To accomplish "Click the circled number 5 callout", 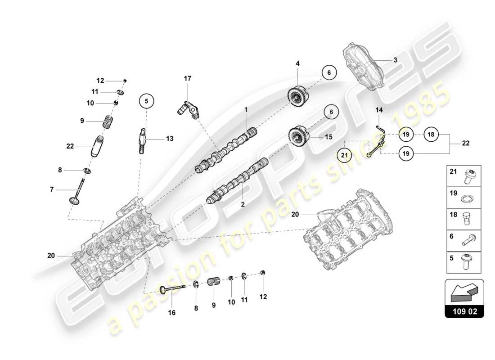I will tap(146, 101).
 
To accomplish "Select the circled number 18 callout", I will tap(431, 134).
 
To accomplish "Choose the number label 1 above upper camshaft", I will tap(246, 109).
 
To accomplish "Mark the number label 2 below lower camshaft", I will tap(242, 204).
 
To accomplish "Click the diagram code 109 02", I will tap(464, 311).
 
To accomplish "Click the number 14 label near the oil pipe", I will tap(379, 109).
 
